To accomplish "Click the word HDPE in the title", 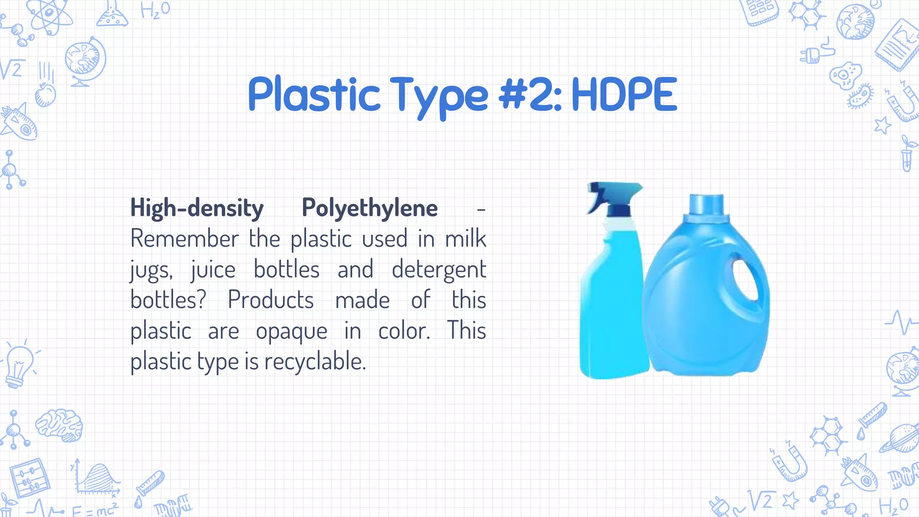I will point(624,95).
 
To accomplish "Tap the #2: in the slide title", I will point(530,95).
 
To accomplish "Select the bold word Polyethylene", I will point(369,208).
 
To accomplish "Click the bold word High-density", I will point(197,208).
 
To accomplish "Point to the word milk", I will point(465,239).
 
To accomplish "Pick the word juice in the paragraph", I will point(213,270).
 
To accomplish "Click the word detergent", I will point(438,270).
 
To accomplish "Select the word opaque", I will point(291,332).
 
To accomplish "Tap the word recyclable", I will point(315,362).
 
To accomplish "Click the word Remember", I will point(184,239).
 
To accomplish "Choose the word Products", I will point(271,300).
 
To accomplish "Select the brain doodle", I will point(60,424).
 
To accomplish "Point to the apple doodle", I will point(45,94).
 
